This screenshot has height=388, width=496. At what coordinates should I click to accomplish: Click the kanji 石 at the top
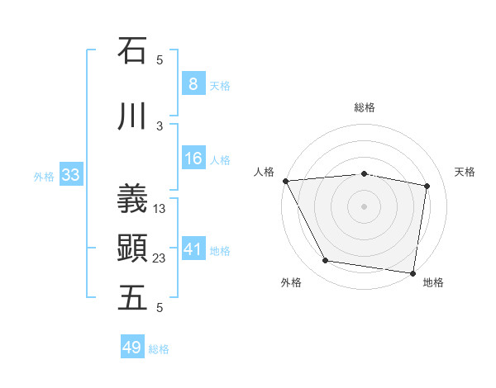(x=132, y=50)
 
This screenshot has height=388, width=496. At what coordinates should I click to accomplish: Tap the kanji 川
(x=132, y=117)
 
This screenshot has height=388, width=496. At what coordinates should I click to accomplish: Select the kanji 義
(x=132, y=198)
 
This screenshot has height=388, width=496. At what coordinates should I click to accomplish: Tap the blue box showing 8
(x=193, y=84)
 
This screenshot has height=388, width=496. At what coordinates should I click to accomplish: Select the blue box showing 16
(x=193, y=159)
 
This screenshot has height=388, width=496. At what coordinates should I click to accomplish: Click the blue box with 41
(x=193, y=249)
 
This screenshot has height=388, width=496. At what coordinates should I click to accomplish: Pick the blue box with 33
(x=70, y=175)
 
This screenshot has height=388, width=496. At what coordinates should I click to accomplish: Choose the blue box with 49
(x=131, y=348)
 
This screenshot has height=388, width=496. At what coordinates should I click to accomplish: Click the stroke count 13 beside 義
(x=160, y=209)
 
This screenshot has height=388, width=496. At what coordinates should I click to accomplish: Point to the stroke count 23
(x=160, y=258)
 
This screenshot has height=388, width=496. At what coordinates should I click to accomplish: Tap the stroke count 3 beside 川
(x=160, y=126)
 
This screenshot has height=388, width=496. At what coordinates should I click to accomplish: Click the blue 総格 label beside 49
(x=159, y=349)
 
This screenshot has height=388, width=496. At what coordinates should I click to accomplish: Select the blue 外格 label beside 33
(x=44, y=176)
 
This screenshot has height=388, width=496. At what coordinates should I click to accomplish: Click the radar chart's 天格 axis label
(x=465, y=172)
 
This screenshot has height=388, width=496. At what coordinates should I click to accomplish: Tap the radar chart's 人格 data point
(x=285, y=181)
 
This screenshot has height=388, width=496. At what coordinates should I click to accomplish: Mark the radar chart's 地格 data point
(x=413, y=272)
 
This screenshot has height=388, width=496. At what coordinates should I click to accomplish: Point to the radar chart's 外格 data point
(x=326, y=262)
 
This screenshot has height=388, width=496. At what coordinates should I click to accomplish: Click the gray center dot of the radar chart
(x=364, y=206)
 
